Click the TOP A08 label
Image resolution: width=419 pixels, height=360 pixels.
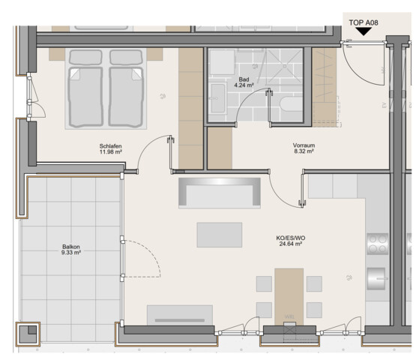[364, 22]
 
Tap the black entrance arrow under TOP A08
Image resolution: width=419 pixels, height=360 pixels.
[364, 31]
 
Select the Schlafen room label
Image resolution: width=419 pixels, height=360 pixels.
[110, 146]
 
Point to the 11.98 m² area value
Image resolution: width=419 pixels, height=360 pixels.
[111, 152]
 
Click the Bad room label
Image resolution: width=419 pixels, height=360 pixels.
[244, 79]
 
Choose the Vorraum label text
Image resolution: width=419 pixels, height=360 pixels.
[304, 145]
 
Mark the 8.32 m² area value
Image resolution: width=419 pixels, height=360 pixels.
[304, 151]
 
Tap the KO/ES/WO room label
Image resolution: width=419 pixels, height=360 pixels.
[291, 238]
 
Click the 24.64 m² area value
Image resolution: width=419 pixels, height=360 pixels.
[291, 244]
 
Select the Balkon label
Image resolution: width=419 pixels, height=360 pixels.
[71, 247]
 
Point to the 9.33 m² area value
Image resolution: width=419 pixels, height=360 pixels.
[71, 253]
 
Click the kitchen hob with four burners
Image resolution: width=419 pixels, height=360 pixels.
[378, 244]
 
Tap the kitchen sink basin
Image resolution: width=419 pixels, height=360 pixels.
[376, 279]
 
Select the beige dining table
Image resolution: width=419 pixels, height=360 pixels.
[289, 297]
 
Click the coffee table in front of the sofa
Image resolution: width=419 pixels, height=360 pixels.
[220, 235]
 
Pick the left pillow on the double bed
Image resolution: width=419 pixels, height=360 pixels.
[85, 57]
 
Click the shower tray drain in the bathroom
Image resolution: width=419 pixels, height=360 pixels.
[285, 66]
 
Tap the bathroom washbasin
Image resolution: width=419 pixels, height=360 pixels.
[218, 98]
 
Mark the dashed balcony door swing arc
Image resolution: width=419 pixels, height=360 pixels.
[148, 251]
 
